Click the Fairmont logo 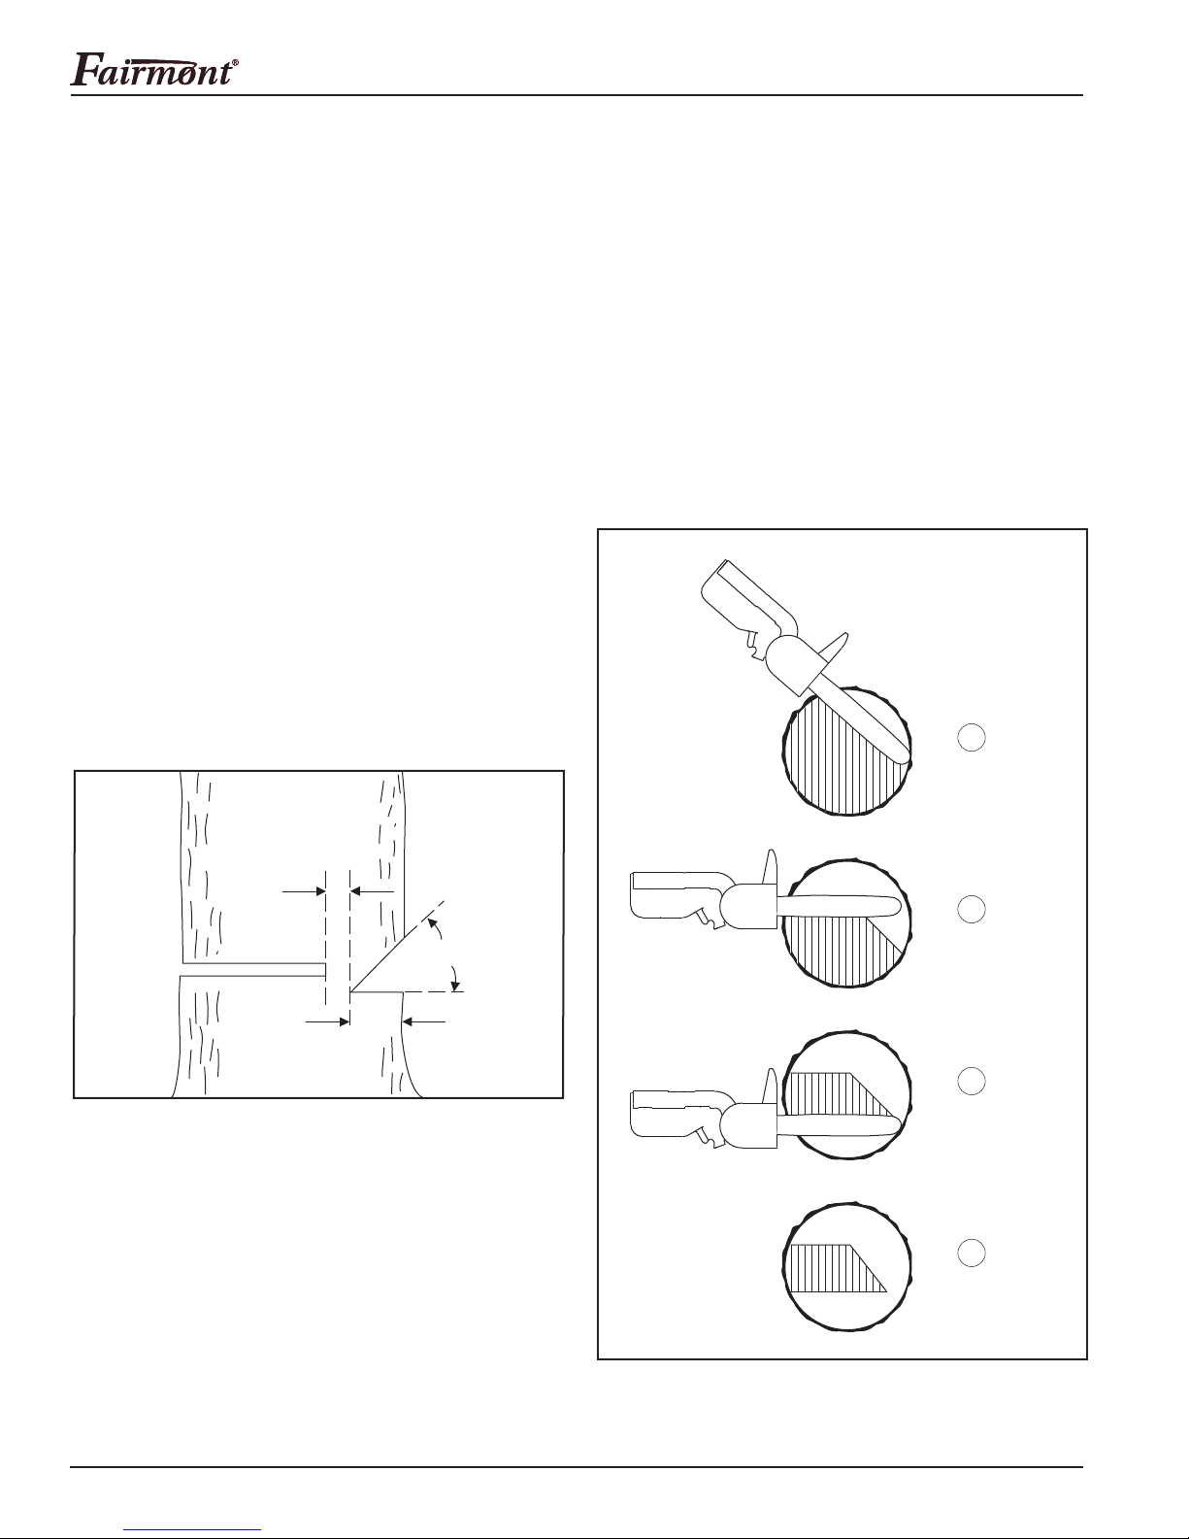pyautogui.click(x=154, y=69)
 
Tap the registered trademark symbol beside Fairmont pyautogui.click(x=235, y=62)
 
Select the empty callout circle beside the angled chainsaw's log pyautogui.click(x=971, y=737)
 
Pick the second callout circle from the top pyautogui.click(x=971, y=909)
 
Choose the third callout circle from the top pyautogui.click(x=971, y=1081)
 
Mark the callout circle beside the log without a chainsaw pyautogui.click(x=971, y=1253)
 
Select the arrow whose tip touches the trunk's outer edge pyautogui.click(x=424, y=1021)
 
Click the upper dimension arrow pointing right pyautogui.click(x=304, y=891)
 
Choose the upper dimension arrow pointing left pyautogui.click(x=373, y=891)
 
